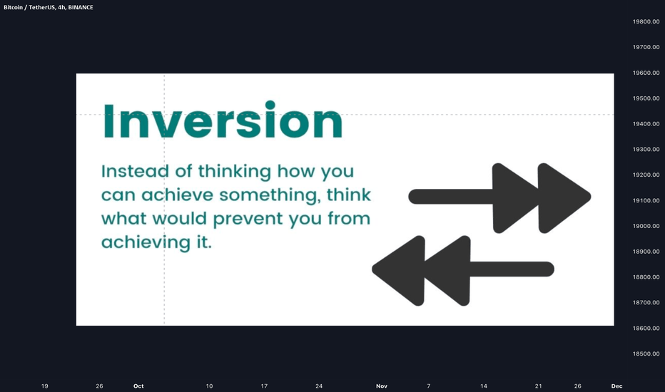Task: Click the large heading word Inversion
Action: click(223, 120)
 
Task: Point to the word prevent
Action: click(248, 219)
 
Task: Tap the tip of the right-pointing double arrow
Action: click(591, 197)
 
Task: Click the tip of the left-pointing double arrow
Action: click(372, 269)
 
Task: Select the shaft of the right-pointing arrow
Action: click(450, 197)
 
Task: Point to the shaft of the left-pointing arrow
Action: click(512, 269)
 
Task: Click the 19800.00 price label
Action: click(646, 21)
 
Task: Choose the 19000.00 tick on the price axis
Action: click(646, 226)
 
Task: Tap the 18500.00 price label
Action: click(646, 354)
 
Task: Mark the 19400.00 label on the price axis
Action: click(646, 124)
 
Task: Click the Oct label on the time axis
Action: click(138, 386)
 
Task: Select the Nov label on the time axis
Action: click(382, 386)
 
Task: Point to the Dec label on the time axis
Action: click(616, 386)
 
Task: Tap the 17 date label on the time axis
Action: click(264, 386)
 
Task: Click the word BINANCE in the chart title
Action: click(80, 7)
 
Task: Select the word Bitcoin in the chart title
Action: click(13, 7)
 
